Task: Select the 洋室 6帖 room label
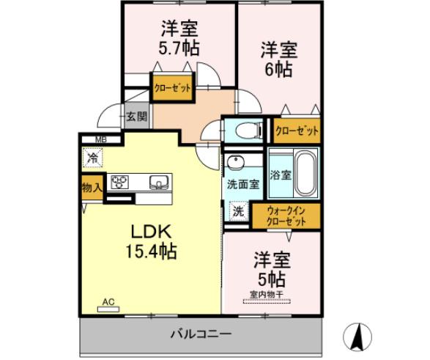(x=278, y=60)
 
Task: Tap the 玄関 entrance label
(x=135, y=116)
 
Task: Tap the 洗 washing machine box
(x=238, y=211)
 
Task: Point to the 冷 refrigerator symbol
(x=93, y=156)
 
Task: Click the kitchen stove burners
(x=120, y=182)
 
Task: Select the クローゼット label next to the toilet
(x=297, y=131)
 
